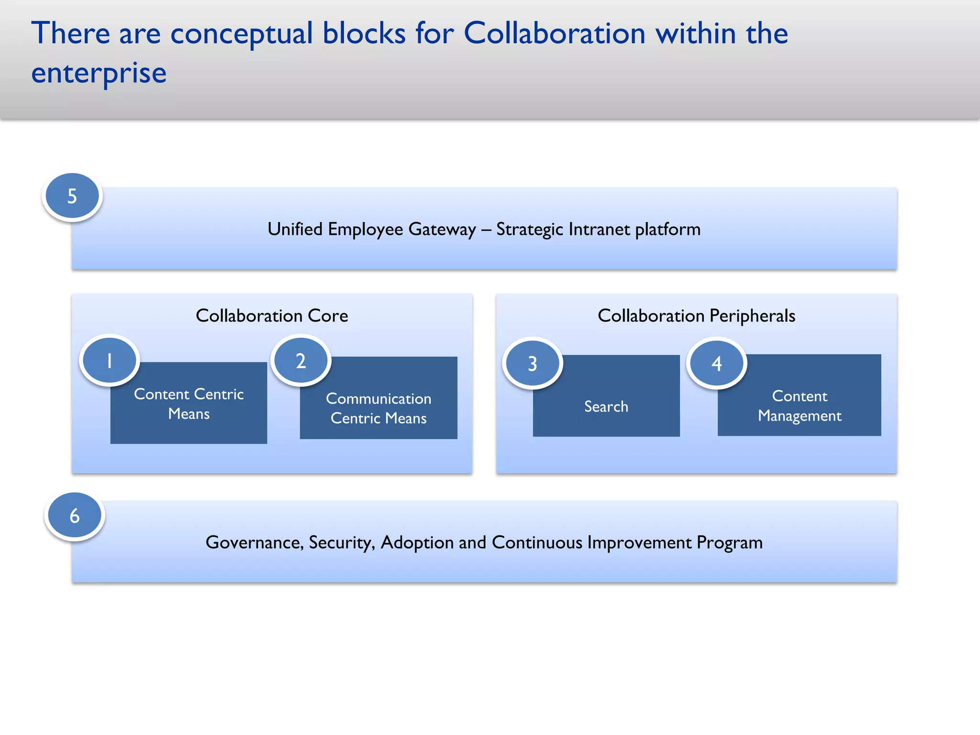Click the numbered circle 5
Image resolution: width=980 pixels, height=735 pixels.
(x=72, y=196)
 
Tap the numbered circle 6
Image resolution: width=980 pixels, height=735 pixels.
(x=75, y=515)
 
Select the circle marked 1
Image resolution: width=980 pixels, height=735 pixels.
(x=110, y=360)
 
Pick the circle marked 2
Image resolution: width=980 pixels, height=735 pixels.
(x=301, y=360)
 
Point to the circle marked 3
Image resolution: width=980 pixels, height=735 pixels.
(x=532, y=363)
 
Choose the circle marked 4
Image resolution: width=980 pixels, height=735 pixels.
(x=716, y=363)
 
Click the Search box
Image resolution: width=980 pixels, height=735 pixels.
(x=606, y=406)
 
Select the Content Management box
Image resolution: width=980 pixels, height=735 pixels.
(x=800, y=406)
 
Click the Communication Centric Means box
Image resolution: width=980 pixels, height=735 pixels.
(x=379, y=408)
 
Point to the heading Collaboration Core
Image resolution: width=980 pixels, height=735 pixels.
(x=272, y=316)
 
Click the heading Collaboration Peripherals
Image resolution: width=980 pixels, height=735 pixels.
(x=696, y=316)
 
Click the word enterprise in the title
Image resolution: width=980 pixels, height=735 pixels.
(x=99, y=73)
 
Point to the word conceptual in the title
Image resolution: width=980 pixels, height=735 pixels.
(x=241, y=34)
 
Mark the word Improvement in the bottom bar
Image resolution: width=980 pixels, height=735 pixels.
(x=639, y=543)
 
